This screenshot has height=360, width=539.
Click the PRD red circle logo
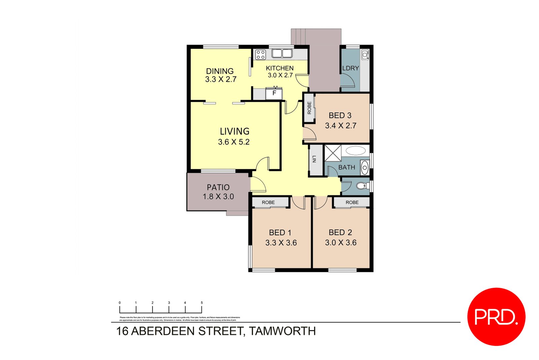click(496, 317)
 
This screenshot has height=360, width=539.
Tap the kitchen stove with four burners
click(260, 55)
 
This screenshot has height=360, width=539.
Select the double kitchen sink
click(282, 53)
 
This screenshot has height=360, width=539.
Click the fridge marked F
click(274, 93)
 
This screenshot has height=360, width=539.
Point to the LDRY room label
click(350, 68)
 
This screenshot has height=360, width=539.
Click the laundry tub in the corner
click(365, 55)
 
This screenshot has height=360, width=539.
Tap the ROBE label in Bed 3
click(309, 108)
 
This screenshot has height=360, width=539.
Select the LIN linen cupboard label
click(314, 159)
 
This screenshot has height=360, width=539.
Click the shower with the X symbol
click(333, 153)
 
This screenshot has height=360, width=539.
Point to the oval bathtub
click(355, 151)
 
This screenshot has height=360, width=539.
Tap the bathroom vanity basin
click(364, 168)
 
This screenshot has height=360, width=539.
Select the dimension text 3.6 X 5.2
click(234, 142)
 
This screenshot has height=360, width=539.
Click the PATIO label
click(218, 187)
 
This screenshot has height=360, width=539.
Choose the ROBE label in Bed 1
click(268, 202)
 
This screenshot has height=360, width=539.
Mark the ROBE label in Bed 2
click(352, 202)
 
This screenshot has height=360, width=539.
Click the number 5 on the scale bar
click(201, 303)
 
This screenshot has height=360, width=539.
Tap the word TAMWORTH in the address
click(282, 331)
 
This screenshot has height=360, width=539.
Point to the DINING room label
click(220, 71)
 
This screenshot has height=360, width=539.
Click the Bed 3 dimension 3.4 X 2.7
click(341, 126)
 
